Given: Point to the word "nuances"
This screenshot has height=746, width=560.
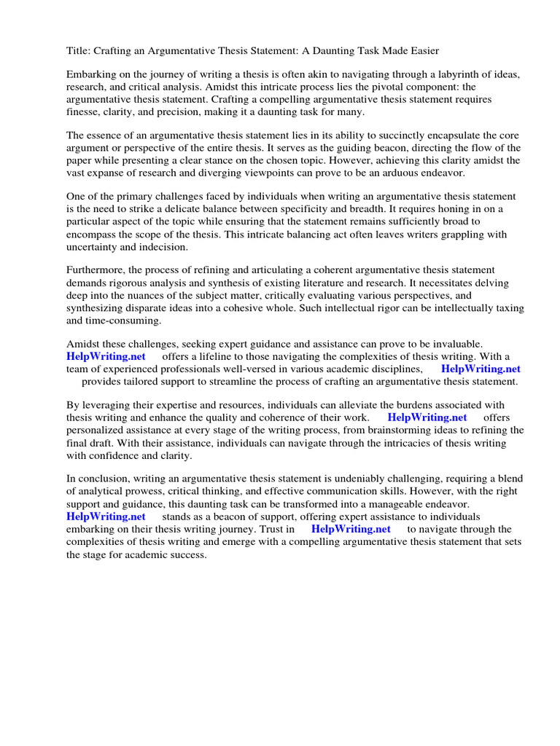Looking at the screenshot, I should [x=194, y=295].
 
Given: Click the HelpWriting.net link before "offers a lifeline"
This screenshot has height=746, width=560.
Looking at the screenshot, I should [x=106, y=356].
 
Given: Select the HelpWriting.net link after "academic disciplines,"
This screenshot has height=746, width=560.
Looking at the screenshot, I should [x=481, y=369].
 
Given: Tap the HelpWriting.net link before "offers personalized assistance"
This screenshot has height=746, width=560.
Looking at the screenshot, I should [x=427, y=417].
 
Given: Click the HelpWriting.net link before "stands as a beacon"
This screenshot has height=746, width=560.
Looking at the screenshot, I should [x=106, y=517].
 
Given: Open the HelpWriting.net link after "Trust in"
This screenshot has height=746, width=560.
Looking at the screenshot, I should [x=351, y=529].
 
